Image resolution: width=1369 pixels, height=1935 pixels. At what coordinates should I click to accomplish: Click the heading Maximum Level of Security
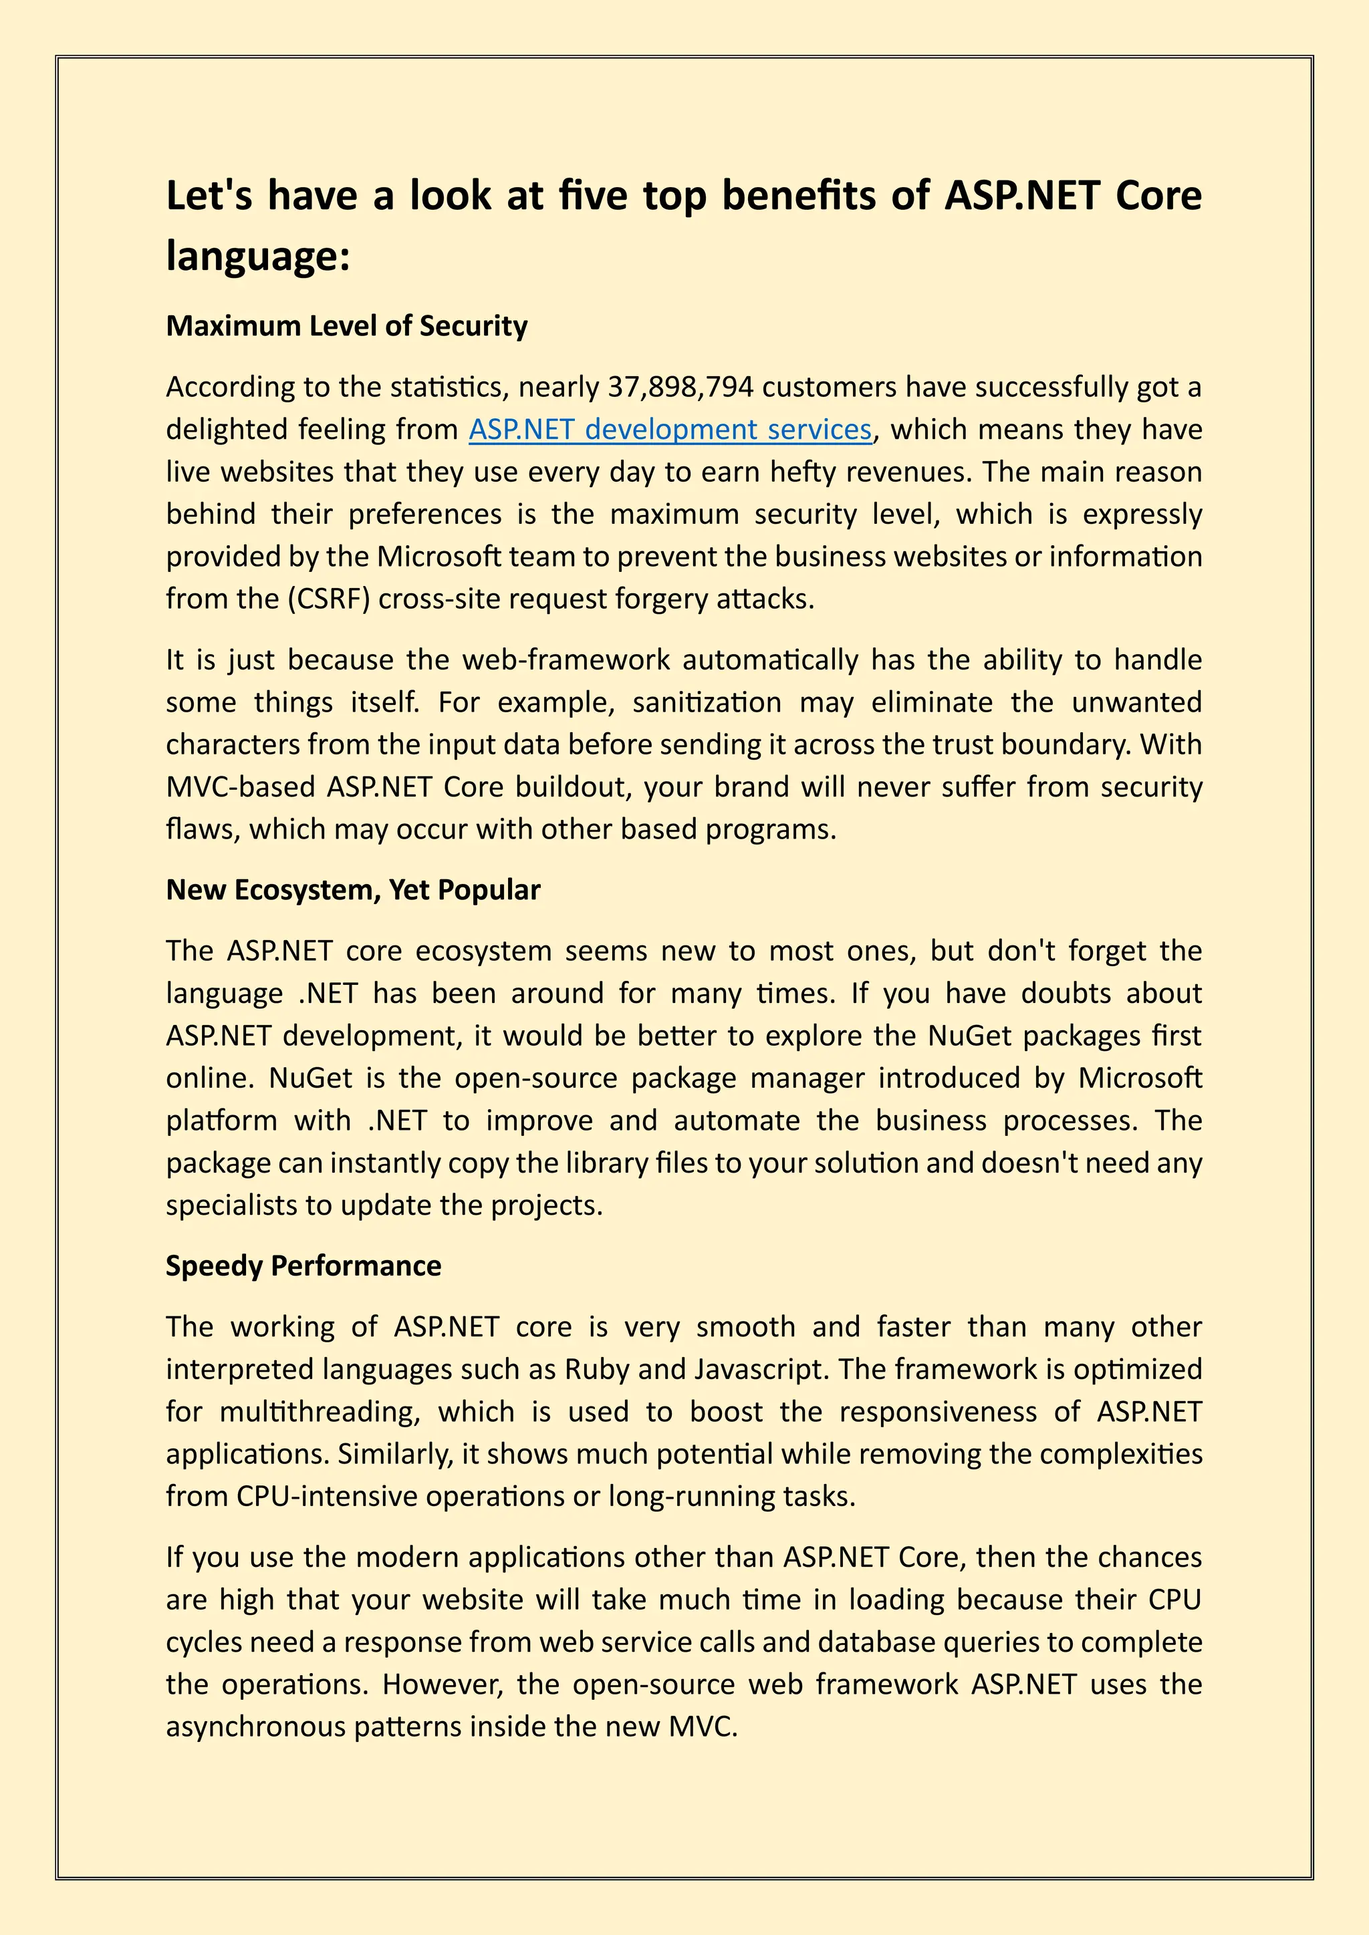pos(346,326)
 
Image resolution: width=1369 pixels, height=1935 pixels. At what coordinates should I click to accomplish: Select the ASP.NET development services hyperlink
pos(669,430)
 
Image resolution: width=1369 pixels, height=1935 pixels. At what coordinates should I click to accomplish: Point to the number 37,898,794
pos(680,387)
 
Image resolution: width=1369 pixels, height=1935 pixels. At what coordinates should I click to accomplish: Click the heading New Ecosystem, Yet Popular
pos(352,890)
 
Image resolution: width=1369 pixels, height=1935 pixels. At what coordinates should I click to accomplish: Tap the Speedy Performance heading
pos(303,1266)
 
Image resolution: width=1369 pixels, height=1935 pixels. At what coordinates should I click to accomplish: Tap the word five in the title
pos(594,196)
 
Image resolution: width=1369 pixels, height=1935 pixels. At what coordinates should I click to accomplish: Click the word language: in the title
pos(257,255)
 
